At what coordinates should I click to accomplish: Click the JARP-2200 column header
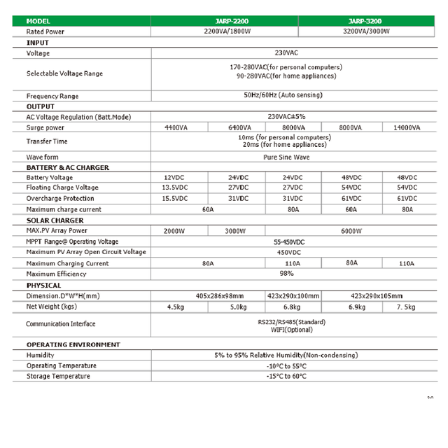pos(225,21)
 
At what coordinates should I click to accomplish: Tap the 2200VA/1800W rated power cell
pos(225,31)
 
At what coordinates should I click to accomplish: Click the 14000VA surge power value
pos(407,127)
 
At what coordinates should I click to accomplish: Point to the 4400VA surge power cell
pos(175,127)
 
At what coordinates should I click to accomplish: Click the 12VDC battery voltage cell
pos(175,178)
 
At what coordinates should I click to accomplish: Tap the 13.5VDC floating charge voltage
pos(175,188)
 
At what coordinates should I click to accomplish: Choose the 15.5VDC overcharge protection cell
pos(175,198)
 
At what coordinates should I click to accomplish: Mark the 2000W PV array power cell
pos(175,230)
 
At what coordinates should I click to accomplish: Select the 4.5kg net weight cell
pos(175,306)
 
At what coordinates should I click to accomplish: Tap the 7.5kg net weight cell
pos(407,306)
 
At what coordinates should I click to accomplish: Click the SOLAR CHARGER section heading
pos(55,220)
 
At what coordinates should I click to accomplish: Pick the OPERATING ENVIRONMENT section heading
pos(73,344)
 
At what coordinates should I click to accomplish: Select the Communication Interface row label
pos(60,324)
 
